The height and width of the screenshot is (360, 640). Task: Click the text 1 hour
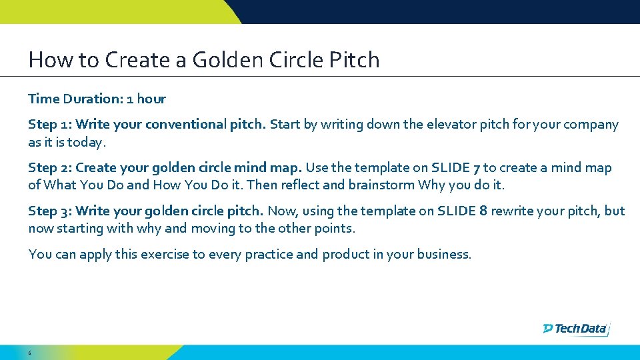click(146, 99)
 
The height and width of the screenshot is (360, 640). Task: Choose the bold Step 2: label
click(51, 168)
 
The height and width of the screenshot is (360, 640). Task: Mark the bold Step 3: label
click(51, 211)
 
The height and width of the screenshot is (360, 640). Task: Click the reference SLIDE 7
click(455, 168)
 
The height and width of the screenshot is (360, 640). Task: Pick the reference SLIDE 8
click(466, 211)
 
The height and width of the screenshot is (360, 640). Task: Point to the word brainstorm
click(380, 185)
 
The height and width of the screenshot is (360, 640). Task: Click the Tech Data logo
click(576, 328)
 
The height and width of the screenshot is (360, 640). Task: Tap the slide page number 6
click(30, 352)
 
